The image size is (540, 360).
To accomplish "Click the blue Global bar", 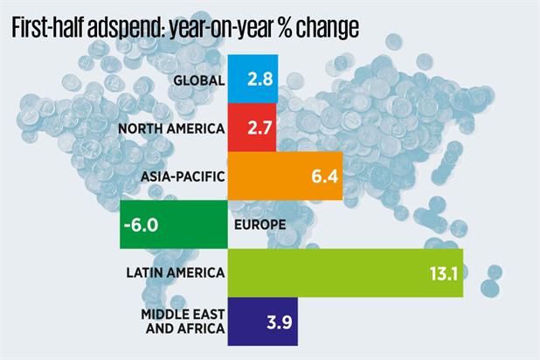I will point(253,80).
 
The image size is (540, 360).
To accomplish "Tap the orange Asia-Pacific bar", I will point(284,177).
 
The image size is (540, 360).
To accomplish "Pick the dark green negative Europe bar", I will point(173,226).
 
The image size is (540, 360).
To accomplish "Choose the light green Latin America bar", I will point(344,274).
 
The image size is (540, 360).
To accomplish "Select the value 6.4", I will point(322,177).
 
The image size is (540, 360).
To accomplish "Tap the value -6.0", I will point(142,226).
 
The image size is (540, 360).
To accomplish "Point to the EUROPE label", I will point(260,226).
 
